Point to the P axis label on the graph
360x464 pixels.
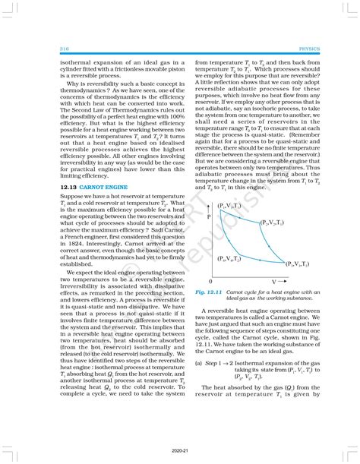210,217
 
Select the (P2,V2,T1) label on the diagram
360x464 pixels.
270,223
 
